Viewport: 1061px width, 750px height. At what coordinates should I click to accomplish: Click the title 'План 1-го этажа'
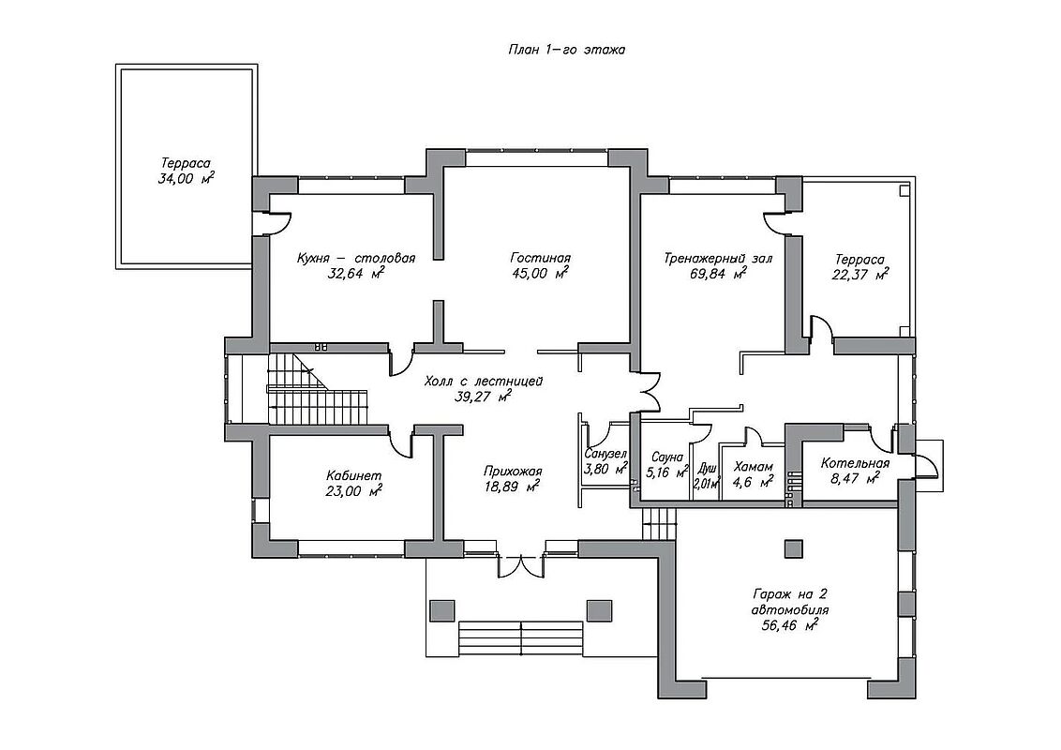(566, 50)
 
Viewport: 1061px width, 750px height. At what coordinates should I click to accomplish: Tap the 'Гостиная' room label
(541, 258)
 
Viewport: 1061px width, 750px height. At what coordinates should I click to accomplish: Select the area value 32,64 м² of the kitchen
(356, 274)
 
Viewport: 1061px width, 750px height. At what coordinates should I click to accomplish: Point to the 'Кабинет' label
(353, 475)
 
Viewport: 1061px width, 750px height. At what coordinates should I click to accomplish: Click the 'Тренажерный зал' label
(718, 259)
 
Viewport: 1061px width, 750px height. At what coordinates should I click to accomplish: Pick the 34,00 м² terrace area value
(187, 179)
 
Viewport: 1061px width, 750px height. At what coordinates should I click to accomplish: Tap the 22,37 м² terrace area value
(860, 274)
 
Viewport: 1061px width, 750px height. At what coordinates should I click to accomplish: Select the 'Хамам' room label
(754, 467)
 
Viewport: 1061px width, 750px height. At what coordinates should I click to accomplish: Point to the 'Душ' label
(707, 468)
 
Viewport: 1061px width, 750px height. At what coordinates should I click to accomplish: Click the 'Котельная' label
(855, 464)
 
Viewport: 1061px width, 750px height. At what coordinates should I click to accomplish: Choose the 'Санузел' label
(605, 454)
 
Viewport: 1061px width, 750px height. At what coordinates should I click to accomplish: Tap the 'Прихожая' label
(513, 472)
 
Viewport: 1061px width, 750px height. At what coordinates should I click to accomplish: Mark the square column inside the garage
(793, 549)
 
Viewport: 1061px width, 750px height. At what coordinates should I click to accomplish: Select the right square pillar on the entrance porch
(599, 610)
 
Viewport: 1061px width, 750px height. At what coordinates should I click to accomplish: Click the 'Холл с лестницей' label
(483, 382)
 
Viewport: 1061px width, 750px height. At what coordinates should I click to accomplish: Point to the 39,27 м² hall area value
(483, 397)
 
